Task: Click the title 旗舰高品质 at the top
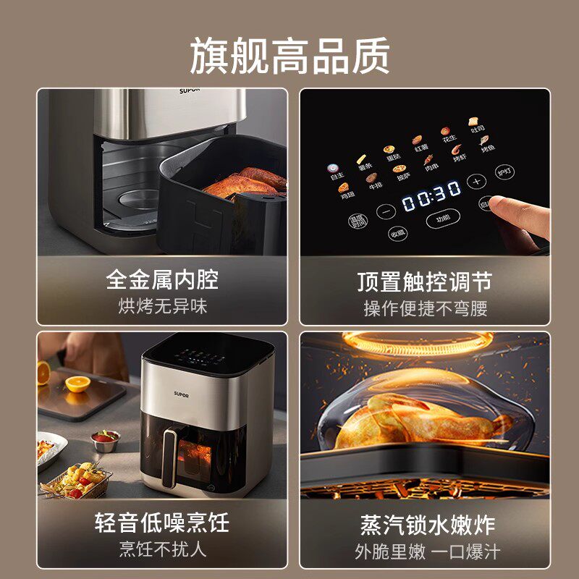coord(289,55)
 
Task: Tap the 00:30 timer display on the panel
coord(431,195)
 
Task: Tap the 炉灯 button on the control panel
coord(504,173)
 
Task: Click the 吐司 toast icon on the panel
coord(475,124)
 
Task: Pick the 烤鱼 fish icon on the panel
coord(487,143)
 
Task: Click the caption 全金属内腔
coord(162,279)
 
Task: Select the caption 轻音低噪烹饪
coord(162,523)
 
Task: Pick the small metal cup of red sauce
coord(106,440)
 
